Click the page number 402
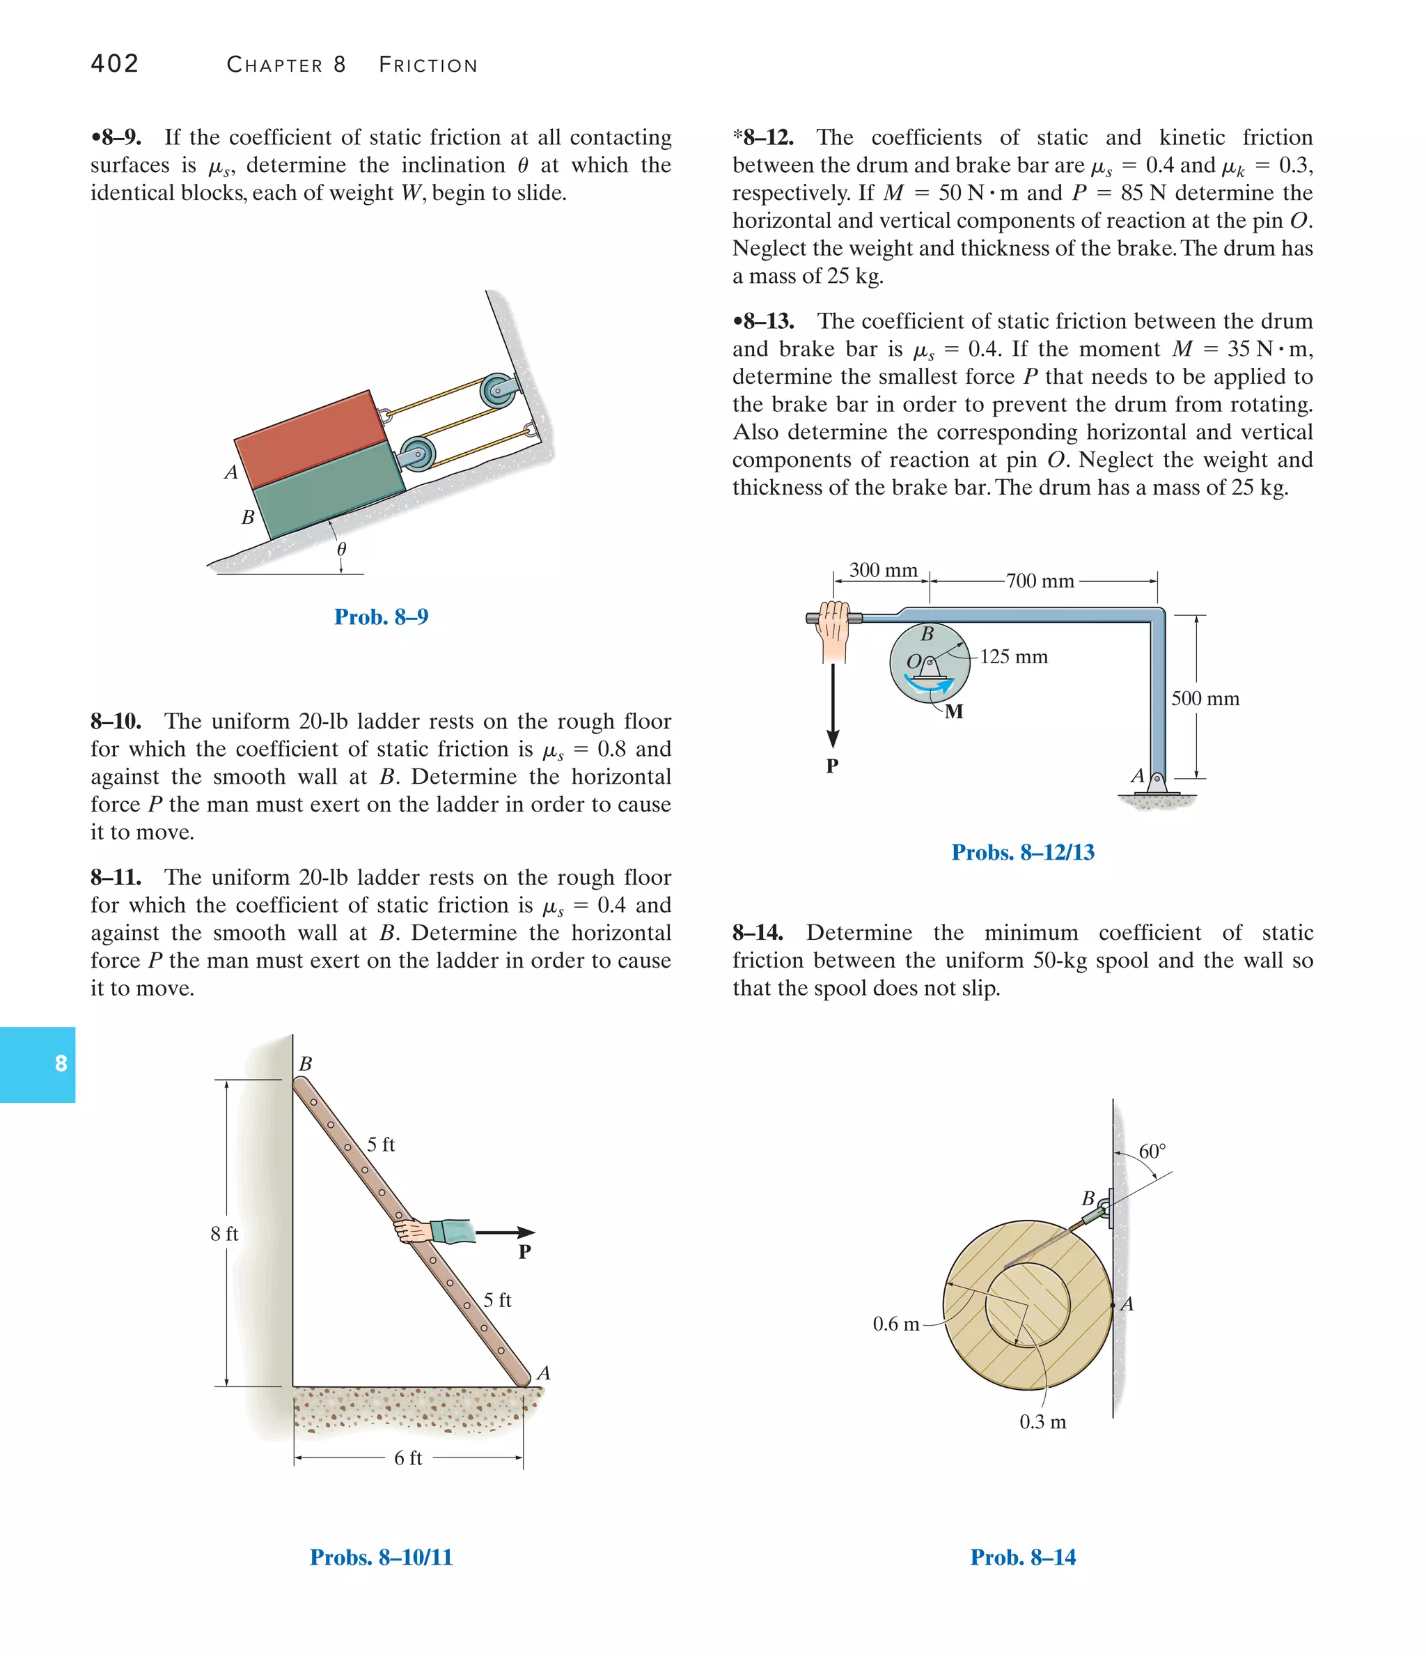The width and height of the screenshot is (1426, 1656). tap(115, 63)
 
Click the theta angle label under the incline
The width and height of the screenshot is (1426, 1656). tap(342, 549)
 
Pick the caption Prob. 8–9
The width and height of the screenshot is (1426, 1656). tap(381, 617)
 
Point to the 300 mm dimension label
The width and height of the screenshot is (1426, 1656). tap(883, 570)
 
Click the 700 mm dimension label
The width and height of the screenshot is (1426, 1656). tap(1040, 581)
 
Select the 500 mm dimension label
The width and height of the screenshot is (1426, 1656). tap(1205, 699)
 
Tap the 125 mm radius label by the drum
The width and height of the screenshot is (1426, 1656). tap(1014, 657)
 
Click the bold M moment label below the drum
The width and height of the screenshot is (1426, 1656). tap(954, 712)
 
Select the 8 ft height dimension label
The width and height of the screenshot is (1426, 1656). tap(224, 1234)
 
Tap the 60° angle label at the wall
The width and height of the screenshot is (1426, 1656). tap(1151, 1152)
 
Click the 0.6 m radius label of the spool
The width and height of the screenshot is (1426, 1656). tap(895, 1324)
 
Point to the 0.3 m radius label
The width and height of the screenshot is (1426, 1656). tap(1042, 1422)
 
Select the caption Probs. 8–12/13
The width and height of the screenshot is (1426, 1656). tap(1023, 853)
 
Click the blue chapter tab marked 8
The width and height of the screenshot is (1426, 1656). tap(38, 1065)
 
